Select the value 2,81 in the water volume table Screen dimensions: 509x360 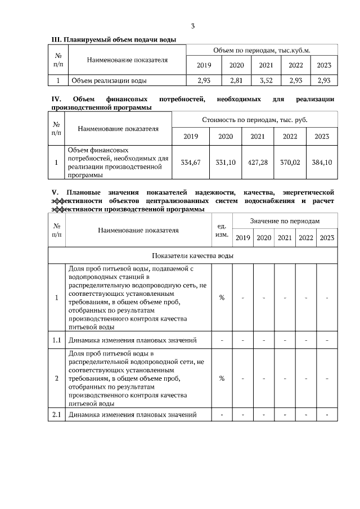click(236, 80)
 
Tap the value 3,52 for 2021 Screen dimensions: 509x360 click(266, 80)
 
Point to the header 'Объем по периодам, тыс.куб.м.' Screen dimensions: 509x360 click(261, 51)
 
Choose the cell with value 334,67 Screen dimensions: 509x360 click(191, 163)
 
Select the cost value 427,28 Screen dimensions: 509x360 click(258, 163)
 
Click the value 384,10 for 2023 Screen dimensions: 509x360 click(322, 163)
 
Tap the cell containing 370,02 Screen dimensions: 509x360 click(290, 163)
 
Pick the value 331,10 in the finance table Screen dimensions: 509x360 click(225, 163)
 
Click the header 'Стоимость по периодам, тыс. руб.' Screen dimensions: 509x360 click(255, 120)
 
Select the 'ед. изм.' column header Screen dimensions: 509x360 click(222, 230)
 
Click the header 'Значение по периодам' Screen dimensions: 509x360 click(285, 222)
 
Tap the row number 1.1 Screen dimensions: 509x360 click(57, 340)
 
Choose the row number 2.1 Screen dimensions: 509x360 click(57, 415)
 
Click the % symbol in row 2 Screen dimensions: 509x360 click(222, 378)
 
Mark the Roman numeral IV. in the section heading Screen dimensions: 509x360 click(56, 100)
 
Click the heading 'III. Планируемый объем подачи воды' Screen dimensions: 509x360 click(113, 40)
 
